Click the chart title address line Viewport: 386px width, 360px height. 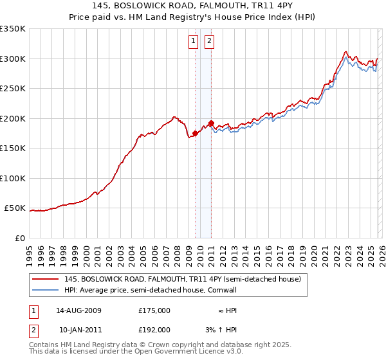coord(192,6)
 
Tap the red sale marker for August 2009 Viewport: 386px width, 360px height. coord(195,134)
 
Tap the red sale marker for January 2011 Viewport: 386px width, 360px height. coord(211,123)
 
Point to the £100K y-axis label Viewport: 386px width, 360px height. coord(14,178)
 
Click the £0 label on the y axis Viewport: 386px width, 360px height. coord(19,238)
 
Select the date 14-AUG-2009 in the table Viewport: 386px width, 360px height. coord(79,310)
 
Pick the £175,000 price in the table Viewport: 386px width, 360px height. coord(154,310)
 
